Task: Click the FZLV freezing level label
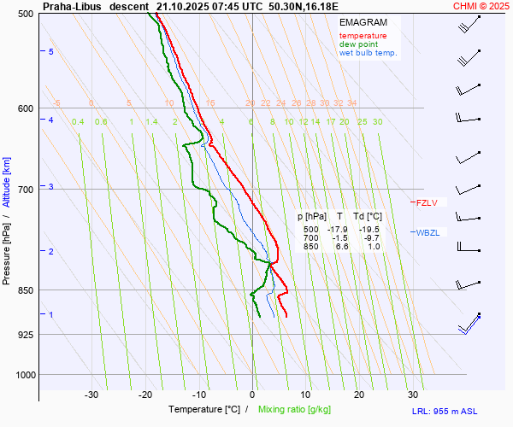tap(426, 203)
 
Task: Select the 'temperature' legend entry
tap(363, 36)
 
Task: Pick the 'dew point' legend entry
tap(358, 44)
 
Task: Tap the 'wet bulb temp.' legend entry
tap(368, 53)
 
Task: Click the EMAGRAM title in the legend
tap(363, 22)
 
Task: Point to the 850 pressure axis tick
tap(26, 290)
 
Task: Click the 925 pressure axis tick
tap(26, 334)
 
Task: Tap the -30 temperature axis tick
tap(91, 395)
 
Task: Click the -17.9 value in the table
tap(339, 230)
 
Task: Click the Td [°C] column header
tap(368, 217)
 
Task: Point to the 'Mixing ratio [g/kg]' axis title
tap(297, 410)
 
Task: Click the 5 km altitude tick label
tap(51, 52)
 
